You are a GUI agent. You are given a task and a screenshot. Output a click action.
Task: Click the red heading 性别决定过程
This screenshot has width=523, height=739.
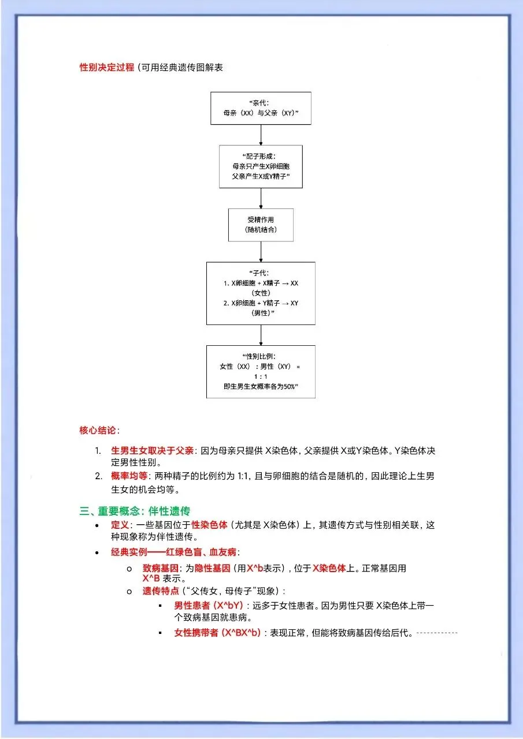click(107, 68)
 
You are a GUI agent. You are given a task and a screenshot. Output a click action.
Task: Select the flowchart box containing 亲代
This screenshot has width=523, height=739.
click(261, 108)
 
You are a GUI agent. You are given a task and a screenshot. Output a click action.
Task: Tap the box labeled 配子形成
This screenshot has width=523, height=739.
click(261, 166)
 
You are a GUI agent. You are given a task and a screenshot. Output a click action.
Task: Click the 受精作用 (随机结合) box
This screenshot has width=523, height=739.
click(261, 225)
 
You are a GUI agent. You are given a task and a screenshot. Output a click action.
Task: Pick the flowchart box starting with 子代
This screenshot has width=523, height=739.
click(261, 293)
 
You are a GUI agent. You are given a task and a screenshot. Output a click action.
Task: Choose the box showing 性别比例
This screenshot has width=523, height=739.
click(261, 371)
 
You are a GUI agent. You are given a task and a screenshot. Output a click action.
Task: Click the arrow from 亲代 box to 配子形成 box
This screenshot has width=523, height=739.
click(261, 135)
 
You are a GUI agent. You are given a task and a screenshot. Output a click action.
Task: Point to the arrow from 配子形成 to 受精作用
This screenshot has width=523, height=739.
click(261, 198)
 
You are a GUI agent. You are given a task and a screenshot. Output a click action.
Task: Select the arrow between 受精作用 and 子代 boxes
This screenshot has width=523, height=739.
click(261, 251)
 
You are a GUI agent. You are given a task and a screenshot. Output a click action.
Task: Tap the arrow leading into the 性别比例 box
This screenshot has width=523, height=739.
click(261, 335)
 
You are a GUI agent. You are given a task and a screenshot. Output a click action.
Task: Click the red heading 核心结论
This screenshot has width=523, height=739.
click(98, 430)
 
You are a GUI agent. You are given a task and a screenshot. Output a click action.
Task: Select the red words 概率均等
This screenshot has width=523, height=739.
click(129, 476)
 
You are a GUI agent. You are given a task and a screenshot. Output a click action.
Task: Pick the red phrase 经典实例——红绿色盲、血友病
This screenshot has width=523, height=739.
click(173, 553)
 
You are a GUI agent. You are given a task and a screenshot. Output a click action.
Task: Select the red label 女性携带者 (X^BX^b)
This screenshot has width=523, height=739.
click(217, 632)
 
